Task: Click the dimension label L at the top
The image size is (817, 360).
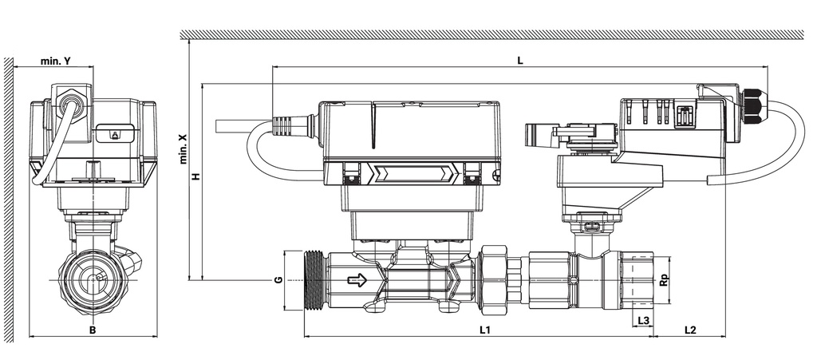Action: (520, 61)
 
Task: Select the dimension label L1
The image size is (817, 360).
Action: (485, 330)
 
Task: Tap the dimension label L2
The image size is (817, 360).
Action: (690, 330)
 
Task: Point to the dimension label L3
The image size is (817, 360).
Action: (644, 320)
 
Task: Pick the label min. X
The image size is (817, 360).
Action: (183, 148)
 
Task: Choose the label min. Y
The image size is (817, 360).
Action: (55, 61)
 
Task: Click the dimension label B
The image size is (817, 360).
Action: (93, 330)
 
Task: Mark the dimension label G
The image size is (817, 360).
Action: (278, 279)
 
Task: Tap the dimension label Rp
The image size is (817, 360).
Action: (664, 280)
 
